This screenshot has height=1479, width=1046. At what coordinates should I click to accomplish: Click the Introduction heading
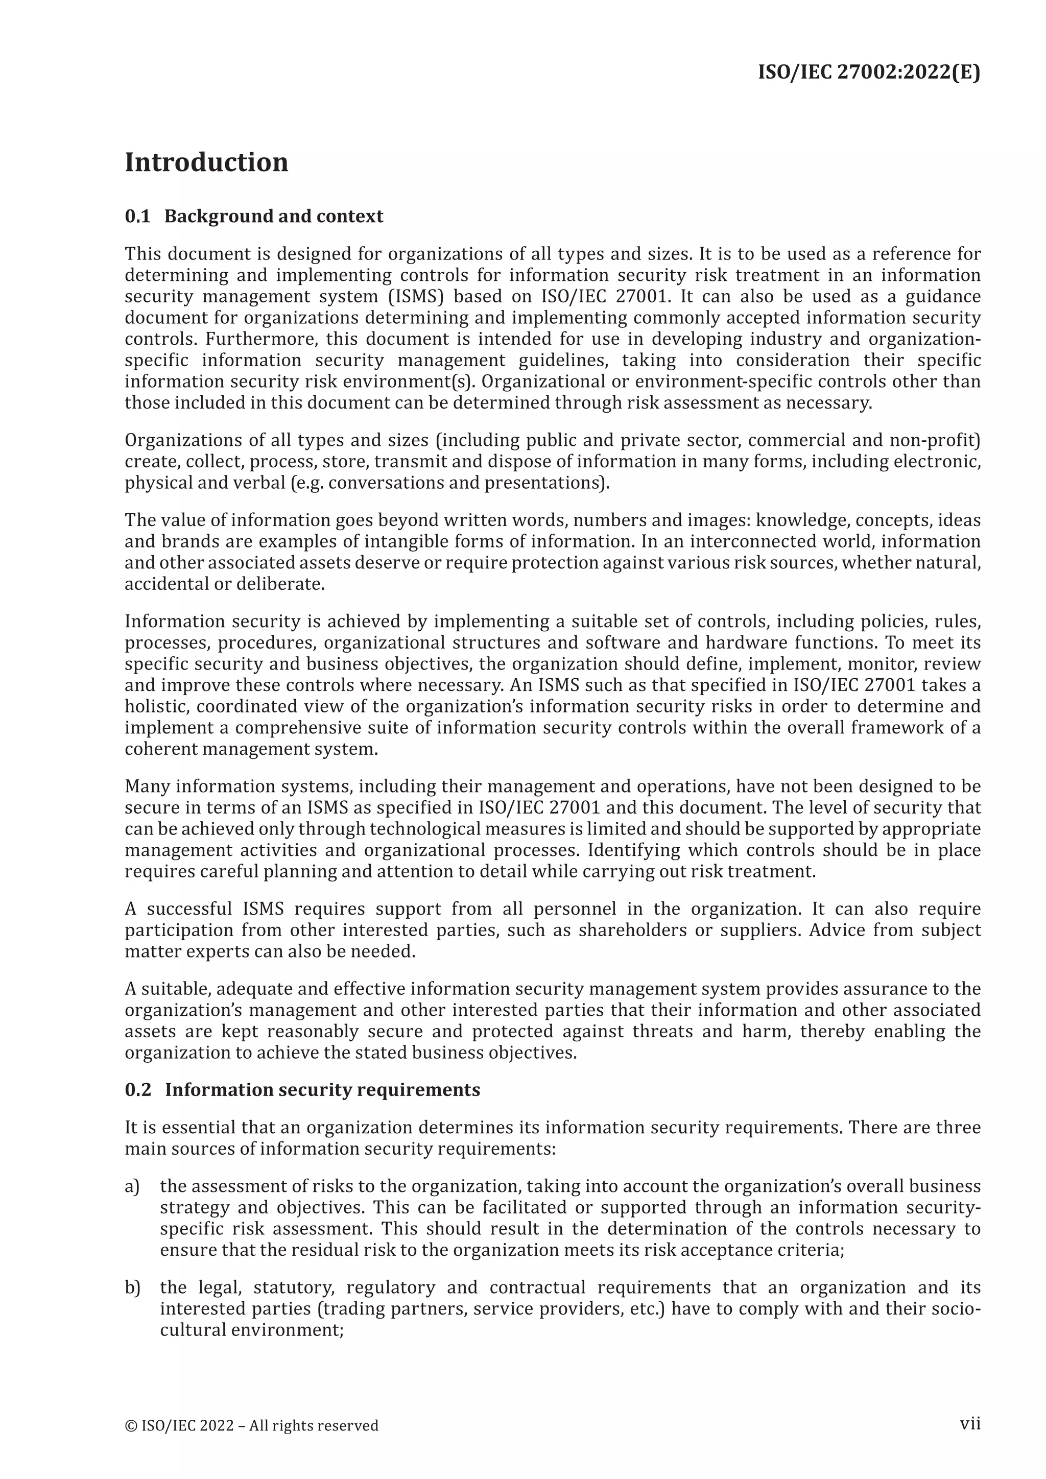[206, 162]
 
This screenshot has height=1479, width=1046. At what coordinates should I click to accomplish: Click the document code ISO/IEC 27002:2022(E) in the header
[869, 72]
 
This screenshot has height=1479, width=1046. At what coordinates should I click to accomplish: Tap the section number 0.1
[137, 217]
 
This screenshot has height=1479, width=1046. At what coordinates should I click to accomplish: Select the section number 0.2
[138, 1090]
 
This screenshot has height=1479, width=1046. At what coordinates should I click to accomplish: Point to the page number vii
[970, 1423]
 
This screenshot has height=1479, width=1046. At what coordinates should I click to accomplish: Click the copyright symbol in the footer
[131, 1425]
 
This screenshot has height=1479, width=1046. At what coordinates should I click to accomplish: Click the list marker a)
[132, 1186]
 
